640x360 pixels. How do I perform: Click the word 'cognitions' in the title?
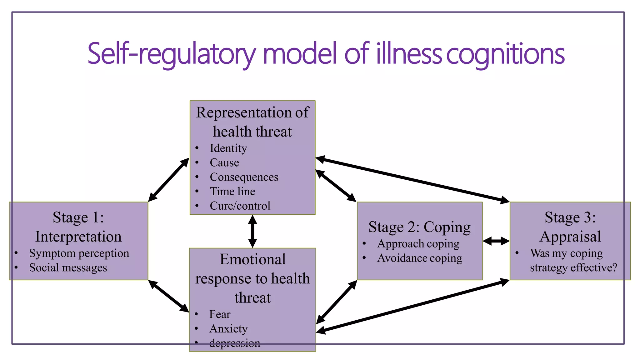point(505,54)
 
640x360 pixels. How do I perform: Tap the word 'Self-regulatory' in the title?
point(171,54)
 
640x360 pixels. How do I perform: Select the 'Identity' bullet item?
point(228,148)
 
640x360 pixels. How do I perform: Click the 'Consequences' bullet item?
point(244,177)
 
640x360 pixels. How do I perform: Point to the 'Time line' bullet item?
point(232,191)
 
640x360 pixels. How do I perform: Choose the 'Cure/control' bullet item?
point(240,206)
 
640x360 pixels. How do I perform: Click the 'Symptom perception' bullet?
point(79,253)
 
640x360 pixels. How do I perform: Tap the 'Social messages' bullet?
point(68,267)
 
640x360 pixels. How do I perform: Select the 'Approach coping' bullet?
point(418,243)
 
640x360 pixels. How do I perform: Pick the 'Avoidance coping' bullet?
point(419,258)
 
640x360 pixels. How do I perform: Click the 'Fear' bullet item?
point(220,314)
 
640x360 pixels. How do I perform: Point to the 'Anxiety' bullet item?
point(228,329)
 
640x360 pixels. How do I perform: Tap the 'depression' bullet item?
point(234,343)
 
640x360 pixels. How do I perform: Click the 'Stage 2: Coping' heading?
point(419,227)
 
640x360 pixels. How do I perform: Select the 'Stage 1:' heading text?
point(78,217)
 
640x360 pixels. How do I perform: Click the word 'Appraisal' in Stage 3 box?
point(570,236)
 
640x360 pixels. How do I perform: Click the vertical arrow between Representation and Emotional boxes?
point(252,231)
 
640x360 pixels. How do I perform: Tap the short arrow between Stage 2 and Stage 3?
point(496,241)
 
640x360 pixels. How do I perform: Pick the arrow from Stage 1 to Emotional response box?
point(168,296)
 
